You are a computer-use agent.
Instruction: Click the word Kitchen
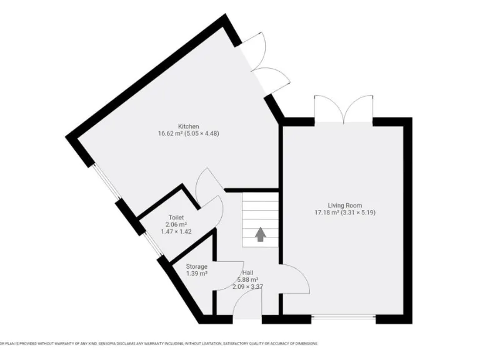coord(171,126)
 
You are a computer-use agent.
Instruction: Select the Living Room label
coord(345,205)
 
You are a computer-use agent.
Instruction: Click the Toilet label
coord(176,217)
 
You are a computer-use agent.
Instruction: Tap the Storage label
coord(196,267)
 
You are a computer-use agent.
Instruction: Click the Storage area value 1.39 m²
coord(196,274)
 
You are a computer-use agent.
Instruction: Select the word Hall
coord(248,273)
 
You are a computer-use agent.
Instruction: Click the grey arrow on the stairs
coord(260,234)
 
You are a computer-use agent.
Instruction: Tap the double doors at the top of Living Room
coord(344,109)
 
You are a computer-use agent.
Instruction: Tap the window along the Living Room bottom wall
coord(343,319)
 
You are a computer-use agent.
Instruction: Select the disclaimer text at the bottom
coord(159,344)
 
